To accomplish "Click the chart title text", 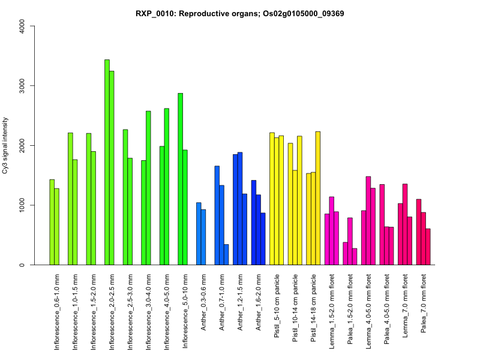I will [240, 13].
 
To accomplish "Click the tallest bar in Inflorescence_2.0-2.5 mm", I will [107, 162].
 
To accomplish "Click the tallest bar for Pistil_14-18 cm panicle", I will [318, 198].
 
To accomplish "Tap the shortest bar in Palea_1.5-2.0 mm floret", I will [355, 257].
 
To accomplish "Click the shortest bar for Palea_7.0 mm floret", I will [428, 247].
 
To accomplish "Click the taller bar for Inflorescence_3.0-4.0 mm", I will [148, 188].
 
